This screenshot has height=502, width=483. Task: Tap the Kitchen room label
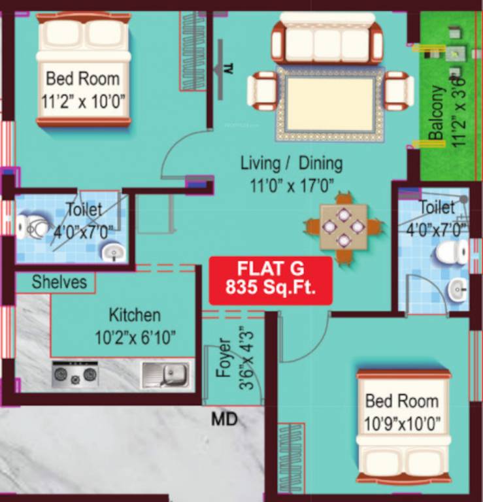(135, 315)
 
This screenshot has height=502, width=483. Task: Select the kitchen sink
(165, 375)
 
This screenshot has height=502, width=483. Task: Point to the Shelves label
(59, 282)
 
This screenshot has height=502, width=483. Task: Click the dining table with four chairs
(343, 226)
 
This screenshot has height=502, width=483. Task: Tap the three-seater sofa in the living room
(327, 41)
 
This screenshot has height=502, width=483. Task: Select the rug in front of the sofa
(330, 103)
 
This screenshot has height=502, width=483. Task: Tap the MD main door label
(224, 419)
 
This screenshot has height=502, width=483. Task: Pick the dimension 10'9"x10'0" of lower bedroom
(402, 424)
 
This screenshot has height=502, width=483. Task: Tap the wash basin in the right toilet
(458, 288)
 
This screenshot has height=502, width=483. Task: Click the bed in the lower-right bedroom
(403, 425)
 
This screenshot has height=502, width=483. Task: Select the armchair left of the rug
(263, 92)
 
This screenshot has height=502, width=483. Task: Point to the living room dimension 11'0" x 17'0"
(291, 185)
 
